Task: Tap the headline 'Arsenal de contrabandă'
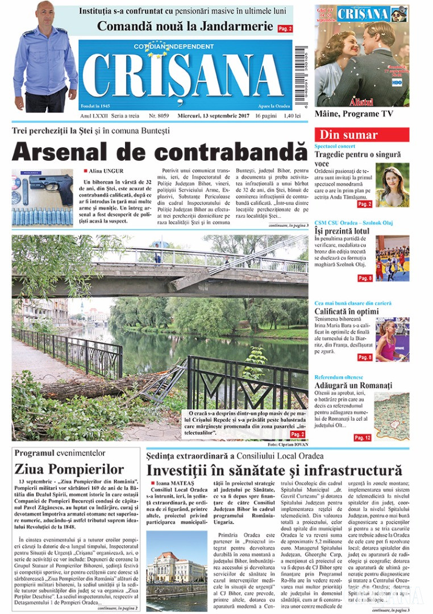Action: (x=159, y=152)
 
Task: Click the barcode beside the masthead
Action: (x=299, y=77)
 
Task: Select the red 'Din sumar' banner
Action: (x=361, y=135)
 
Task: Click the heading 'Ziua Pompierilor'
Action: (x=69, y=469)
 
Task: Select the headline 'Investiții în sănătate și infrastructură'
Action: (x=274, y=471)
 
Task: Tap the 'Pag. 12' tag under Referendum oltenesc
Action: (x=363, y=438)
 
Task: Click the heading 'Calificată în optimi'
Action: (x=347, y=311)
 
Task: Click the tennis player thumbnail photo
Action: (x=392, y=339)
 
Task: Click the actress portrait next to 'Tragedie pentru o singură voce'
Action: (x=392, y=185)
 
